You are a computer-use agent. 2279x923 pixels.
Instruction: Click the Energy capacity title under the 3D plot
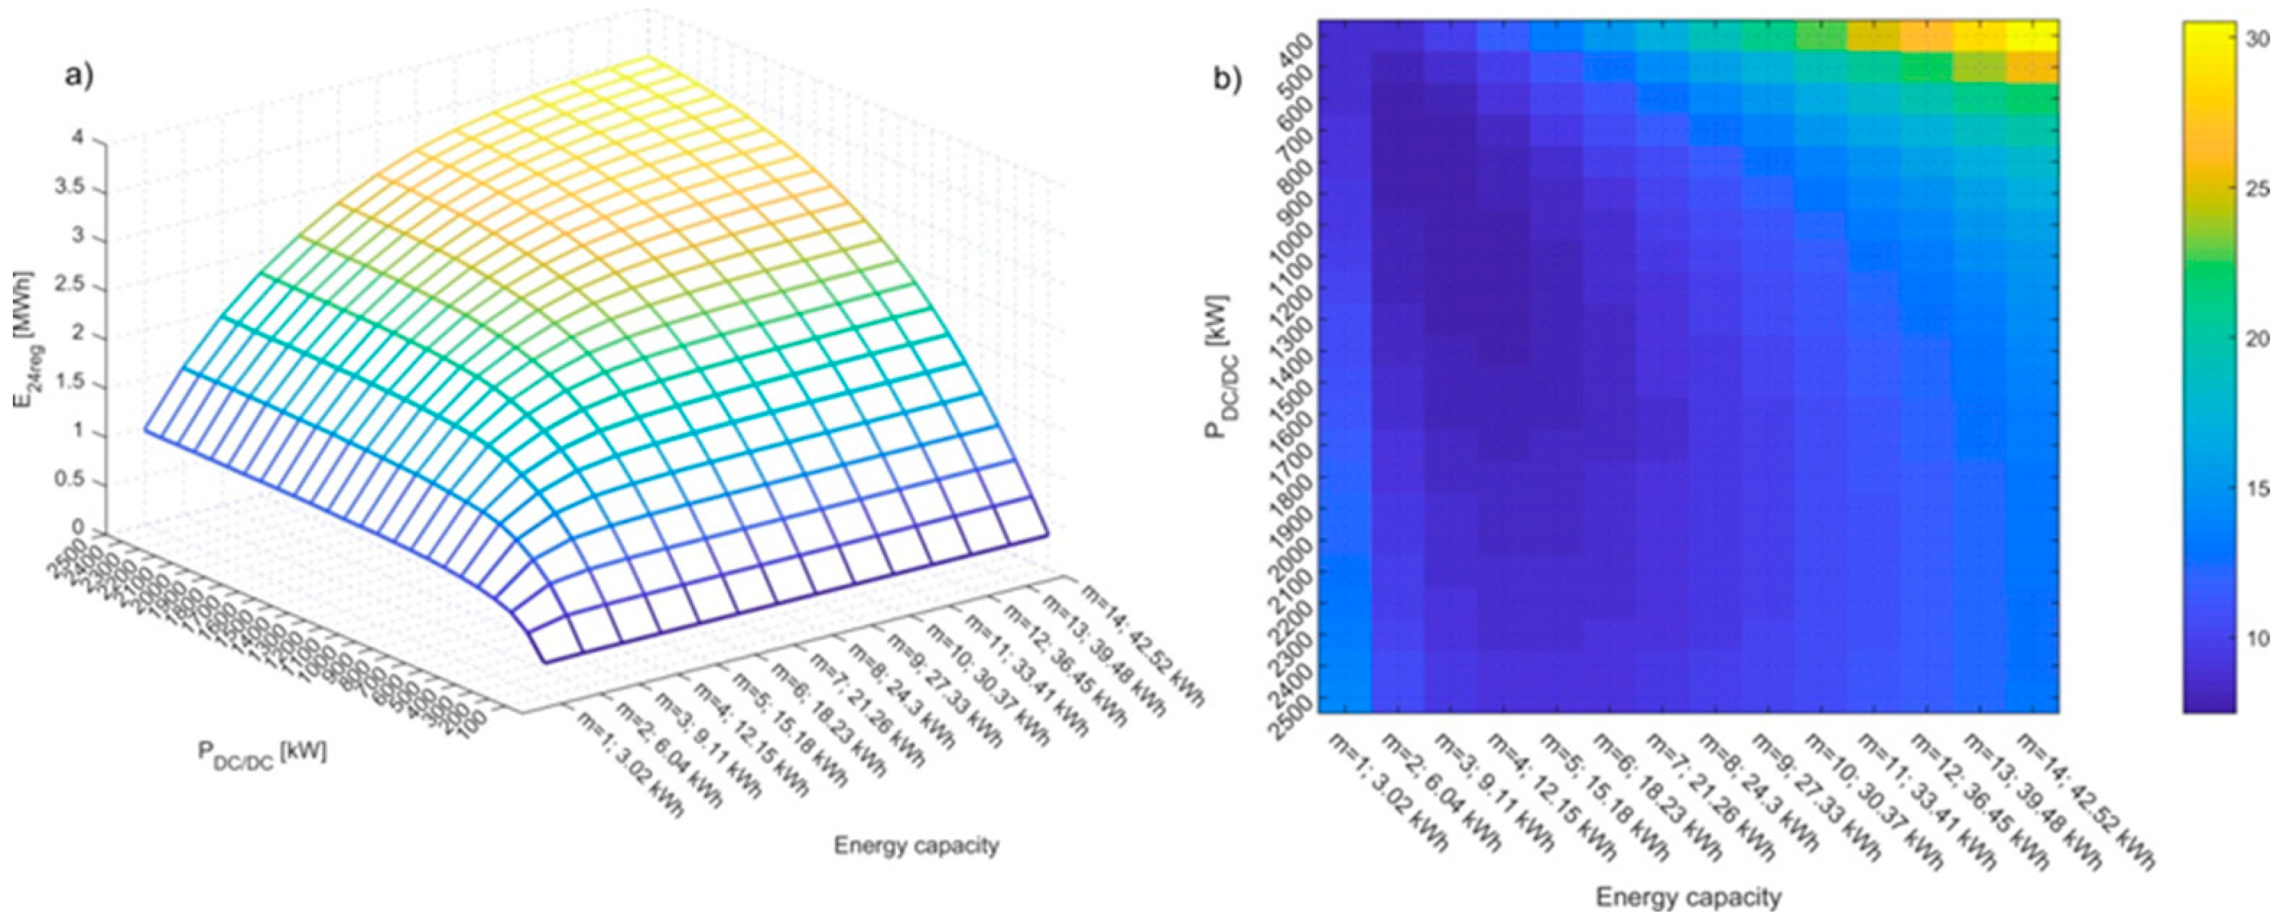tap(916, 846)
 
